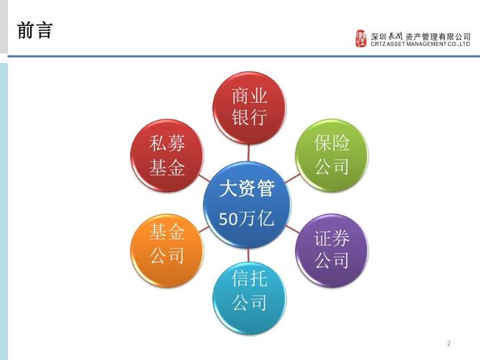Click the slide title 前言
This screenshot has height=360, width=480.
pos(35,31)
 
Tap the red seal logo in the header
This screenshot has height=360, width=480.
pos(361,38)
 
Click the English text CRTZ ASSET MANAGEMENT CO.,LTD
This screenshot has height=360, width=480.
pos(420,44)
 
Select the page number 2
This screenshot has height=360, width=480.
pos(449,343)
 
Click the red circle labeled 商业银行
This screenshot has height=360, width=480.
pos(249,108)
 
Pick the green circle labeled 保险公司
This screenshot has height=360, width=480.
pos(332,156)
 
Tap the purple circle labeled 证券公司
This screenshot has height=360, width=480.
pos(332,251)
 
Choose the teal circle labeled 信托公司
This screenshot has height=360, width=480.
pos(249,298)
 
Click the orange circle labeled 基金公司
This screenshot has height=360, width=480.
pos(167,251)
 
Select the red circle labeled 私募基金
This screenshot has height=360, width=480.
pos(167,156)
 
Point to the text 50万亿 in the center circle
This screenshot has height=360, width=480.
pos(246,218)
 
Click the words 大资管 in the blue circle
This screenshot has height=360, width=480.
pos(246,188)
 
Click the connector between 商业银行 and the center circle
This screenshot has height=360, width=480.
pos(248,153)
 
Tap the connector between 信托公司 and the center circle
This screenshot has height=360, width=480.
pos(248,255)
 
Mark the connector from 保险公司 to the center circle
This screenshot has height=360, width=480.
pos(292,179)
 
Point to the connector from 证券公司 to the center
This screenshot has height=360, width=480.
pos(293,229)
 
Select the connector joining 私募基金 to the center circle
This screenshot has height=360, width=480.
pos(204,178)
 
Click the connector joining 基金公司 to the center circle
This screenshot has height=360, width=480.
pos(204,229)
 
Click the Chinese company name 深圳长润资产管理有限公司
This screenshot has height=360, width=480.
pos(420,37)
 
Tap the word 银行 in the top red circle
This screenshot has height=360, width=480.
pos(249,117)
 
